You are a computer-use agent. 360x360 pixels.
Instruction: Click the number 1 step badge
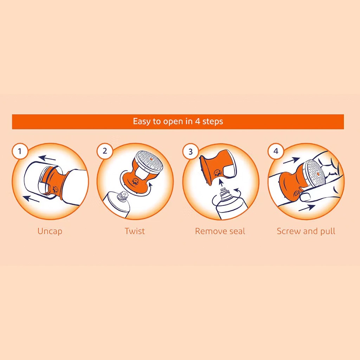pos(20,152)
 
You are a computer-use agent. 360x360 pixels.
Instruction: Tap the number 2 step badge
pos(105,152)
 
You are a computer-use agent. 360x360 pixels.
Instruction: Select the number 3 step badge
pos(191,152)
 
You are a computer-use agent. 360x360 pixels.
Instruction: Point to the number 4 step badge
pos(276,152)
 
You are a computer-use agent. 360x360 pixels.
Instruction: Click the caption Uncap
pos(50,231)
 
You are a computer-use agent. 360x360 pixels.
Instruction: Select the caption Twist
pos(135,231)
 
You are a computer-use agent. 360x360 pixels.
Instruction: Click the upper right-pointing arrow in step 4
pos(291,160)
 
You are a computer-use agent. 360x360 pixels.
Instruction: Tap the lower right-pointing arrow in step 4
pos(307,207)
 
